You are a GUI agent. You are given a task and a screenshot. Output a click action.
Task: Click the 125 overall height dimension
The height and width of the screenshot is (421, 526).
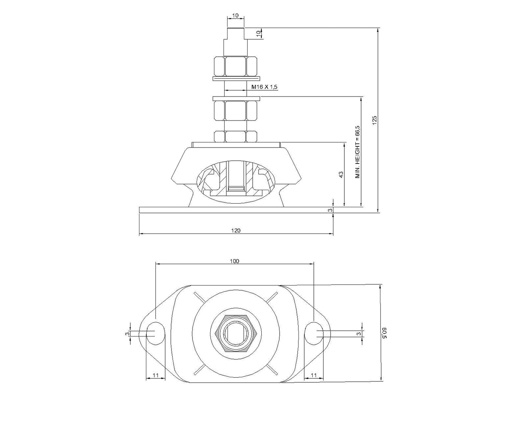[375, 121]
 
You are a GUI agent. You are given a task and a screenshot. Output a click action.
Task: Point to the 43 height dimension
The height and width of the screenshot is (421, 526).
[341, 175]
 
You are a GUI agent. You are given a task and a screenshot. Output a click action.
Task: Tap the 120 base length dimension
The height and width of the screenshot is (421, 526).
[236, 230]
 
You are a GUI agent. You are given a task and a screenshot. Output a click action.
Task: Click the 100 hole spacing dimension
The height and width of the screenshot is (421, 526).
[234, 261]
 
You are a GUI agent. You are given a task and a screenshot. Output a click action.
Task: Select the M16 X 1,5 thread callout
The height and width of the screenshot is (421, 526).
[265, 87]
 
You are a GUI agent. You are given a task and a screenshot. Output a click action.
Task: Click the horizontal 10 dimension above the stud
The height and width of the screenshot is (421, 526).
[235, 16]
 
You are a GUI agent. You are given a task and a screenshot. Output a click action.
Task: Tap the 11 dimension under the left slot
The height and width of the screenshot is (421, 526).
[155, 375]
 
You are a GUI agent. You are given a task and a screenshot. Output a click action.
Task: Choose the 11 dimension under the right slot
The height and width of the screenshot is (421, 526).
[313, 375]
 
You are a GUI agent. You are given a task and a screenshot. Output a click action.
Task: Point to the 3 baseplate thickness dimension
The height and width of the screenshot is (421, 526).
[330, 210]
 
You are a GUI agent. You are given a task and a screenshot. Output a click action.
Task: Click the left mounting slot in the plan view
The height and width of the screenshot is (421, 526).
[155, 333]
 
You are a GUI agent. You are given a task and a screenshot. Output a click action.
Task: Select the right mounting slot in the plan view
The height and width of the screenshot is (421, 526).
[313, 333]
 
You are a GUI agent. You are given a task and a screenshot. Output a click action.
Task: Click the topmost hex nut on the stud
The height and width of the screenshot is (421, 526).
[236, 66]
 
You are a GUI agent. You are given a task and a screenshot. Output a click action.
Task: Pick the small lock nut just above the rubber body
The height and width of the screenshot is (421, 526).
[236, 137]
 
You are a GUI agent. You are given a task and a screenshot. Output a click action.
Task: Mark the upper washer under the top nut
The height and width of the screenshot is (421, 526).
[236, 78]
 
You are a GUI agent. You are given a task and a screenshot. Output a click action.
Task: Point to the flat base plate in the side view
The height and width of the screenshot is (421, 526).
[236, 210]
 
